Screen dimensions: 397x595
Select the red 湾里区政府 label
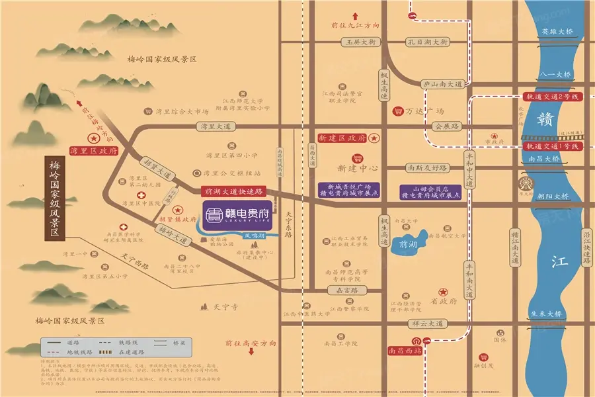click(x=93, y=151)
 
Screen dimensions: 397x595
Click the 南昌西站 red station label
click(x=404, y=351)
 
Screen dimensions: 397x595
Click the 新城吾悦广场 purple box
click(x=348, y=191)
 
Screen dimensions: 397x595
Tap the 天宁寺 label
click(x=230, y=308)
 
